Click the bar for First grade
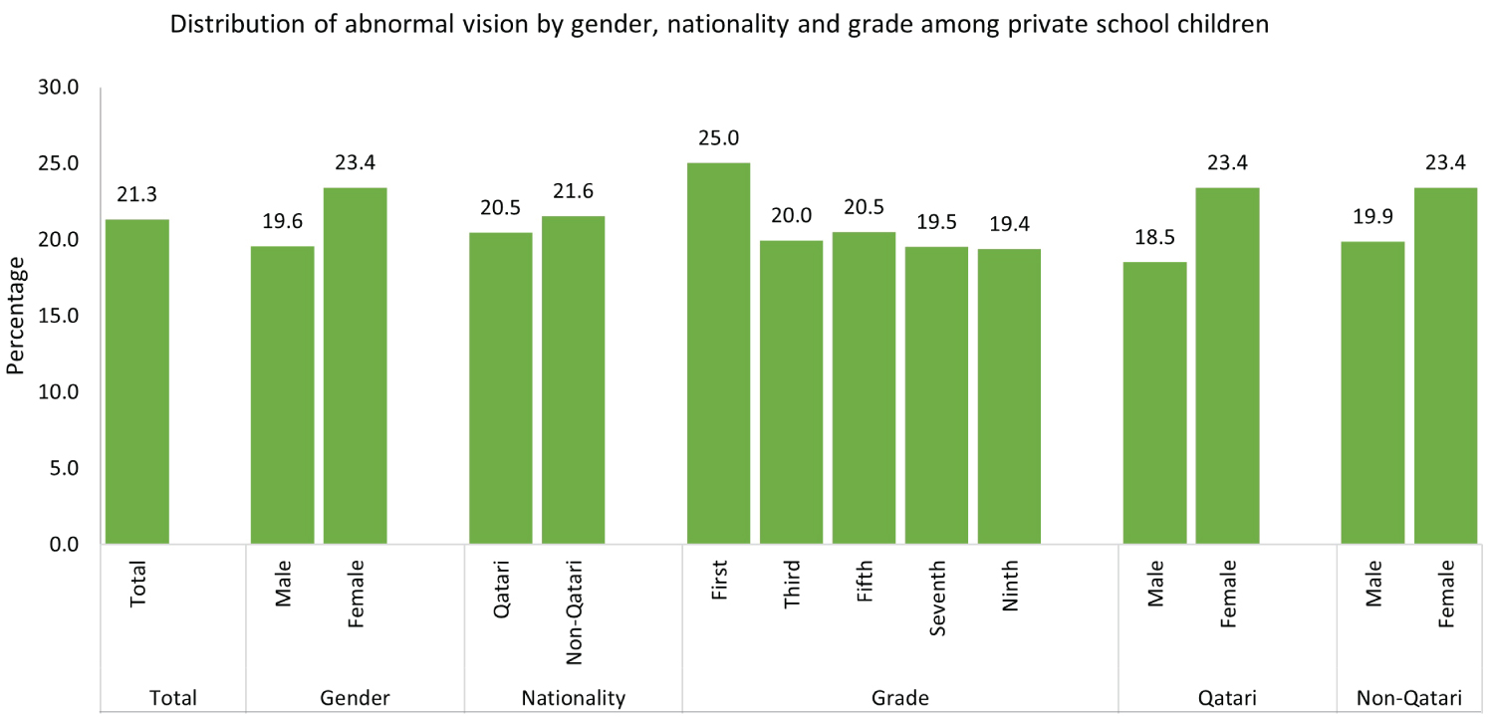717,354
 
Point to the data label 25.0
718,138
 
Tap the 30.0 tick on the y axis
58,88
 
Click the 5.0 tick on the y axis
63,468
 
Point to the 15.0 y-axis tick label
58,316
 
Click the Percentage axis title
15,315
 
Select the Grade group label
901,698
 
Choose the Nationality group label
573,698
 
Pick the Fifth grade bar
864,387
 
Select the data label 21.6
573,192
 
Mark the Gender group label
355,698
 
